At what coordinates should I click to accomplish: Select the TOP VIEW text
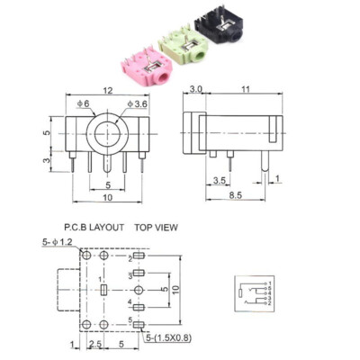tap(157, 229)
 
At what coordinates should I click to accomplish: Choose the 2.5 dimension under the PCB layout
tap(94, 344)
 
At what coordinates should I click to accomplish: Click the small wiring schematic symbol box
tap(253, 292)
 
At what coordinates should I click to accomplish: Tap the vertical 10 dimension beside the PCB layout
tap(176, 290)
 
